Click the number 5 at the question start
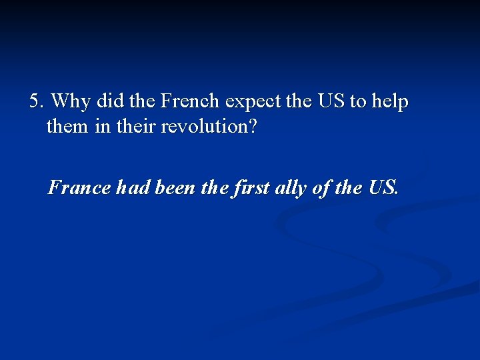click(35, 102)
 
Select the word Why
click(71, 102)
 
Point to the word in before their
click(103, 127)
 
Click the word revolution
click(203, 127)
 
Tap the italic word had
click(133, 188)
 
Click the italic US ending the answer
click(383, 188)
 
